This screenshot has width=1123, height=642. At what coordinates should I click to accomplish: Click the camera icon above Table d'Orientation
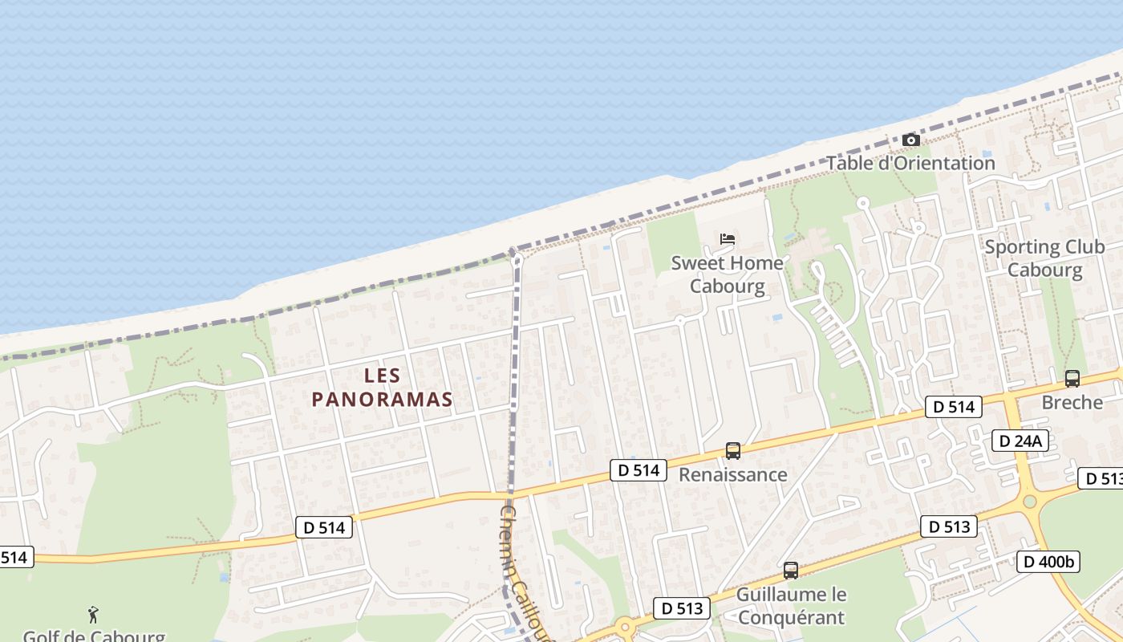[910, 140]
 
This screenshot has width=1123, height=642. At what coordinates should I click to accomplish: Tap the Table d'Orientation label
[910, 164]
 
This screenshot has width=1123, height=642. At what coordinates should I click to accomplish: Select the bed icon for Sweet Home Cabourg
[728, 239]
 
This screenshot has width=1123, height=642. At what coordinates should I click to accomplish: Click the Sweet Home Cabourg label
[727, 274]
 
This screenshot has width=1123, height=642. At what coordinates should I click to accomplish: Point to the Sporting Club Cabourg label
[1044, 258]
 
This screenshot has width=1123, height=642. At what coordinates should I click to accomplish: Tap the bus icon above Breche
[1072, 379]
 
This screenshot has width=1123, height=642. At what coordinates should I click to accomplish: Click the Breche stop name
[1072, 402]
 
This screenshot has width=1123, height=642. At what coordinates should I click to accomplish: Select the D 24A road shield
[1020, 440]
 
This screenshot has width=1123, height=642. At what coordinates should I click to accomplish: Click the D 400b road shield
[1048, 562]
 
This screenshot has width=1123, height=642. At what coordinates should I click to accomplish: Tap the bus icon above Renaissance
[732, 451]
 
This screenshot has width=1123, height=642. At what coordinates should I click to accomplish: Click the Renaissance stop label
[732, 474]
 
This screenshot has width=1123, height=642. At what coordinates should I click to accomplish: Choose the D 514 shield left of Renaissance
[639, 470]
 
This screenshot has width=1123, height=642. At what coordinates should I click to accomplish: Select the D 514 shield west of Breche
[954, 407]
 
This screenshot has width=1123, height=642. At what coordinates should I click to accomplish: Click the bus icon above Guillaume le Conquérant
[790, 571]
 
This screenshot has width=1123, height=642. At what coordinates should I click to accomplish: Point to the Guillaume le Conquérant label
[791, 606]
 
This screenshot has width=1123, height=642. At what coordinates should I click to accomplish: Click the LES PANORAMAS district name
[383, 388]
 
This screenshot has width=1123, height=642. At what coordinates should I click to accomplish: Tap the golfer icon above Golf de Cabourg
[94, 616]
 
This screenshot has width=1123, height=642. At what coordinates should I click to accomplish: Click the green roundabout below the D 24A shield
[1030, 502]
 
